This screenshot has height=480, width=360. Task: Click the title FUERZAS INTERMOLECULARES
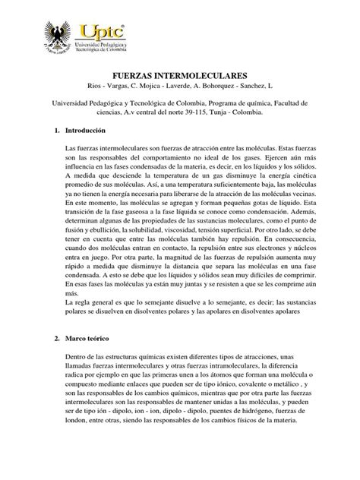click(180, 77)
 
